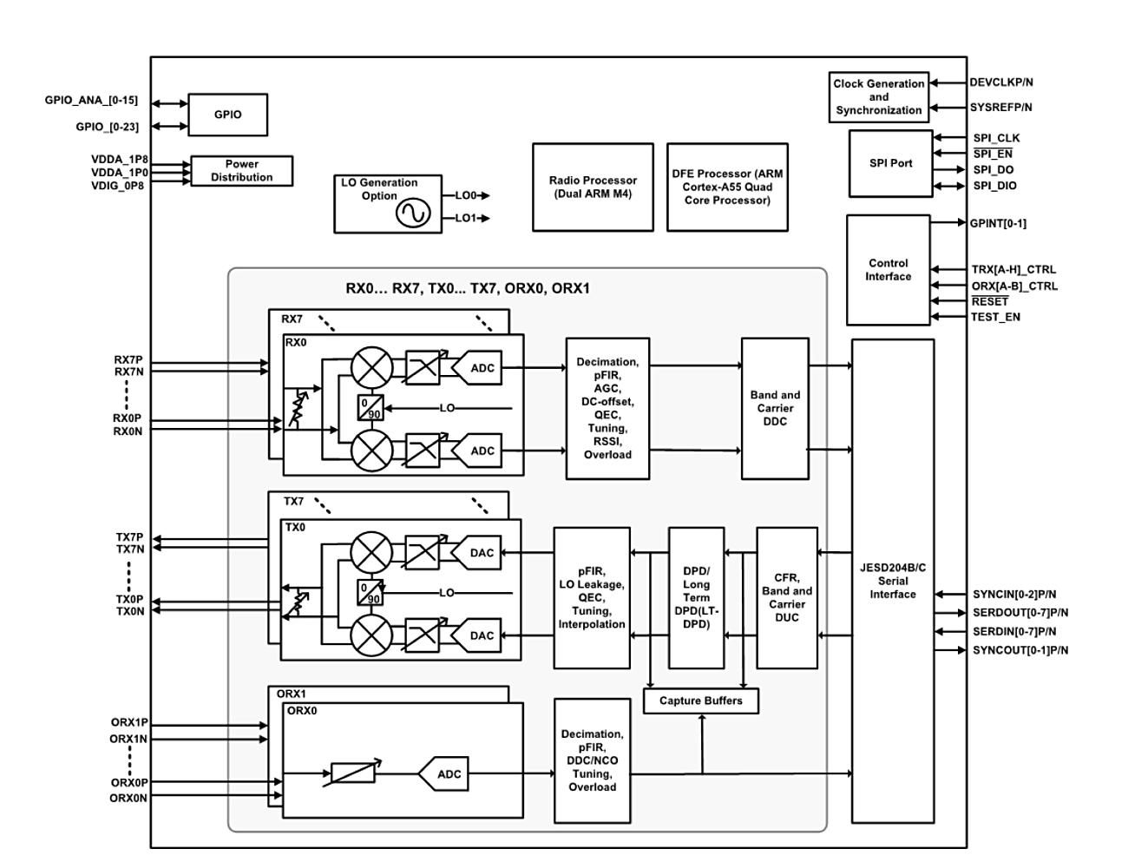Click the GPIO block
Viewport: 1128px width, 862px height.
(x=227, y=115)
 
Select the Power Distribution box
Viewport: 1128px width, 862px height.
(x=241, y=170)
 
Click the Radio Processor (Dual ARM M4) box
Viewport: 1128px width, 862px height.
(x=593, y=188)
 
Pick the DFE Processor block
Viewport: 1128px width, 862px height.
(x=727, y=188)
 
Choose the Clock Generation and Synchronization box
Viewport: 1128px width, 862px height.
(x=879, y=97)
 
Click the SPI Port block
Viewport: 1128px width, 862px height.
(x=890, y=163)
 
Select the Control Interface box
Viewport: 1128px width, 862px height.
(x=888, y=270)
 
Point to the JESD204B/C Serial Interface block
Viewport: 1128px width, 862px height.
(x=893, y=581)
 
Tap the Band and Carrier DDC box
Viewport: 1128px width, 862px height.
(x=775, y=408)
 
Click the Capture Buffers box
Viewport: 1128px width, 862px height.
(x=700, y=701)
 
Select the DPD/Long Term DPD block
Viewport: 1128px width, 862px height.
(x=696, y=597)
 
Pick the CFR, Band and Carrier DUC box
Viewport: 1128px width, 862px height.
(x=787, y=597)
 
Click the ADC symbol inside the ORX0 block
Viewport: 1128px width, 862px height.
(x=449, y=774)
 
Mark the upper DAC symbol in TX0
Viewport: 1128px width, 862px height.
(x=481, y=553)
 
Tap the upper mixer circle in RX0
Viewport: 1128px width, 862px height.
(x=372, y=367)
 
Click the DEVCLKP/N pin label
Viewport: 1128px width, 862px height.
(x=1001, y=82)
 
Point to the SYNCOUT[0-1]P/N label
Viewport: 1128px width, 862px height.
(x=1020, y=650)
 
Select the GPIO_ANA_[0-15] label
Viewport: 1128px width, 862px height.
(x=91, y=101)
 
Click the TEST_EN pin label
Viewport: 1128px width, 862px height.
(x=995, y=318)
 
